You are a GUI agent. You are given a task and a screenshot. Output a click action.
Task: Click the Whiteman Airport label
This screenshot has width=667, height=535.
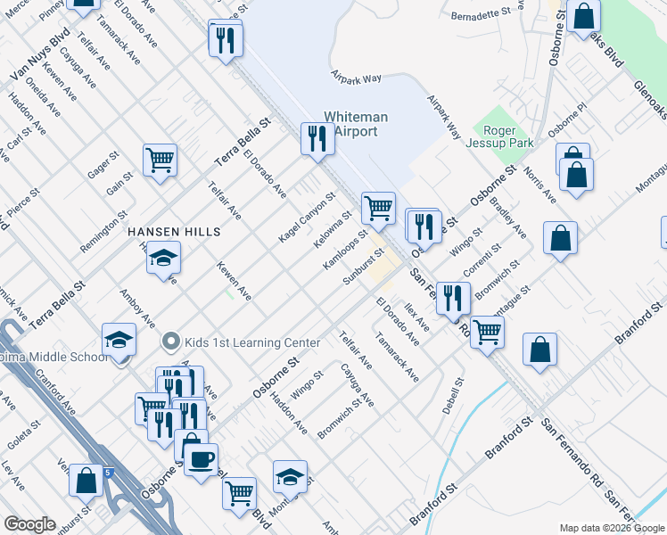[356, 124]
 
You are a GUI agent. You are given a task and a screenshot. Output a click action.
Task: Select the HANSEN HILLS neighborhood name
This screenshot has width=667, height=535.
[174, 231]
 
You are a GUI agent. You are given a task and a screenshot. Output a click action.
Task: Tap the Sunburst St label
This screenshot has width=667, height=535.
[363, 267]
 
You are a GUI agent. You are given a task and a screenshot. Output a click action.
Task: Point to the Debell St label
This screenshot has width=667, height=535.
[453, 396]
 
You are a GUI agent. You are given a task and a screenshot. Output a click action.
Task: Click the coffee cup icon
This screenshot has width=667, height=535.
[201, 459]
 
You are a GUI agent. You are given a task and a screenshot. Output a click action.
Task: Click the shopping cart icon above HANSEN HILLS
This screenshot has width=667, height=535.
[161, 161]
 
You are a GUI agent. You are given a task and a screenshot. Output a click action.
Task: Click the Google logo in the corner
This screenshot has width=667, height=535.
[29, 524]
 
